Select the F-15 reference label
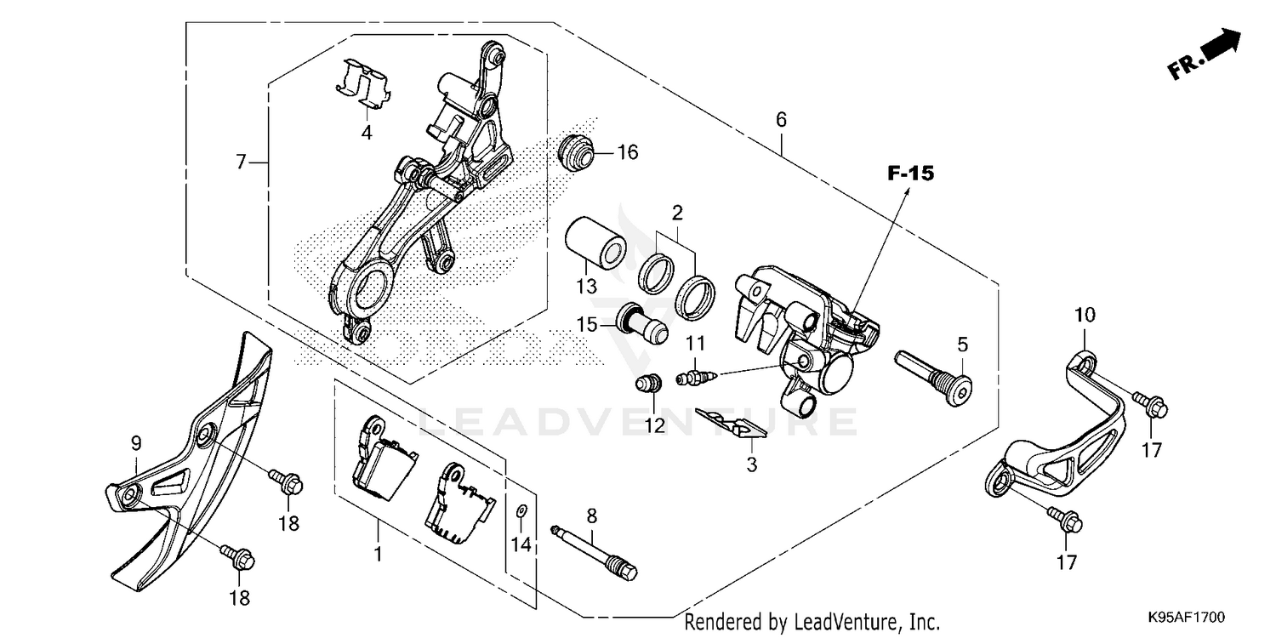pos(910,174)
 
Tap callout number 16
pos(627,153)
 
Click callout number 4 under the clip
pos(366,134)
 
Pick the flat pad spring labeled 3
pos(732,423)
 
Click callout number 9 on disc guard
pos(135,442)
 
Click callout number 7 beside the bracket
pos(241,161)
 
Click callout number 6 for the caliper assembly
pos(781,120)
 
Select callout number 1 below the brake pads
pos(378,555)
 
